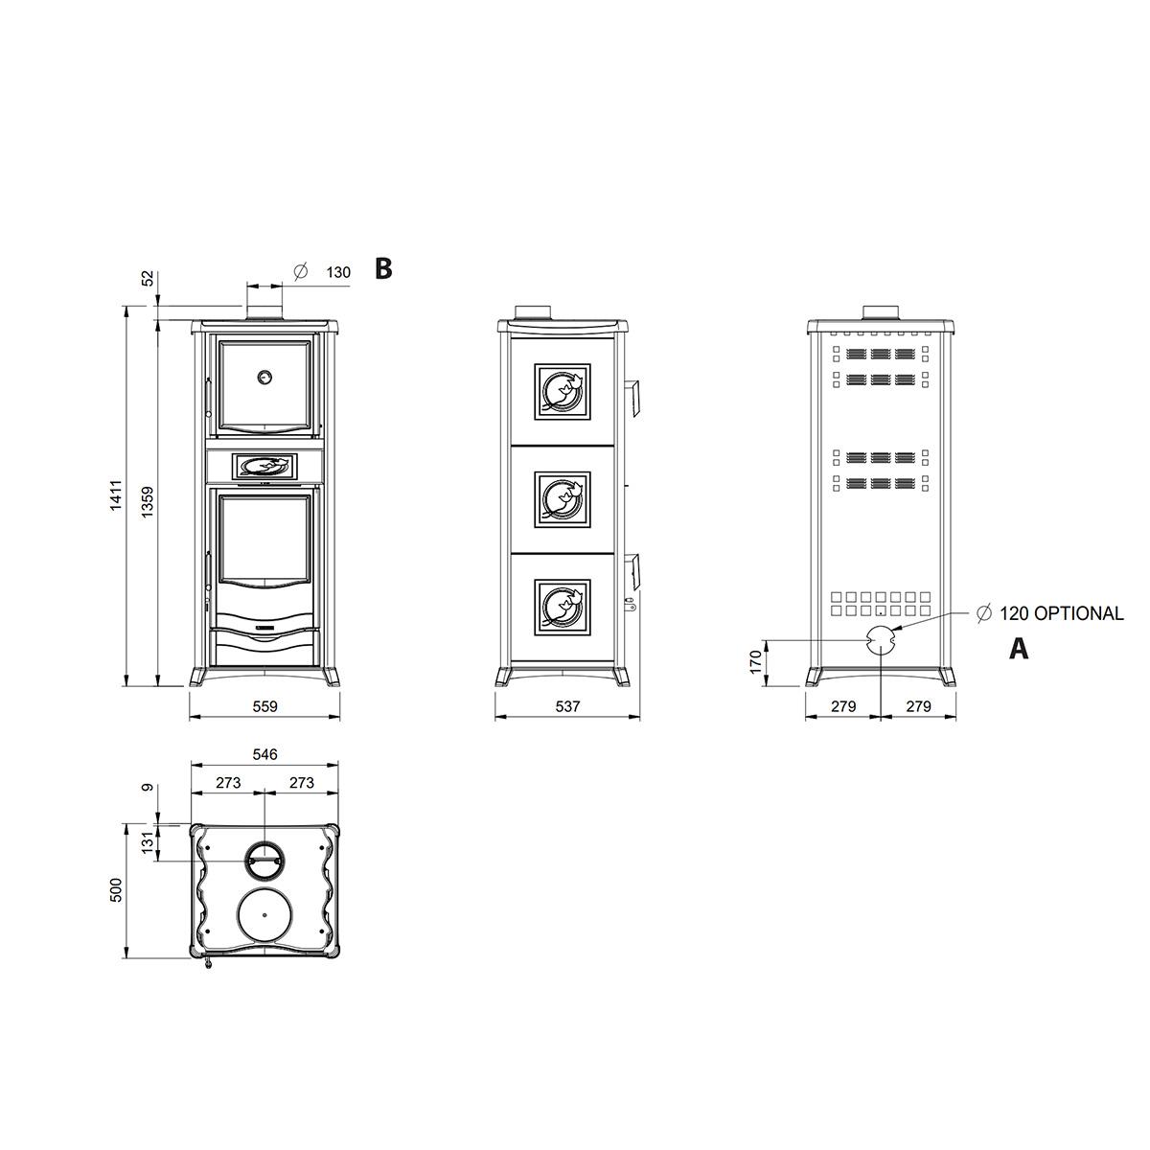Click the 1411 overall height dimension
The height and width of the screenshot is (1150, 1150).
coord(116,494)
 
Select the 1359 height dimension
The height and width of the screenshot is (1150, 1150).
coord(148,502)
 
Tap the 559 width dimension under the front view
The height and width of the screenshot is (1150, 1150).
coord(264,706)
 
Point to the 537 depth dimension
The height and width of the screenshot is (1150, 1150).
coord(567,706)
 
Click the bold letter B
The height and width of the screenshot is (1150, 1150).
coord(383,268)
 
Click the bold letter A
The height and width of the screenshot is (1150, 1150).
coord(1019,648)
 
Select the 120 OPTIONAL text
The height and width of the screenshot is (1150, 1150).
coord(1062,613)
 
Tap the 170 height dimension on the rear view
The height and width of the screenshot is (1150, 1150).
coord(755,662)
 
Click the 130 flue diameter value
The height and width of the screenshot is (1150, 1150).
coord(338,272)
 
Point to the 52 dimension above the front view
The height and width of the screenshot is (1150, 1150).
coord(148,278)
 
